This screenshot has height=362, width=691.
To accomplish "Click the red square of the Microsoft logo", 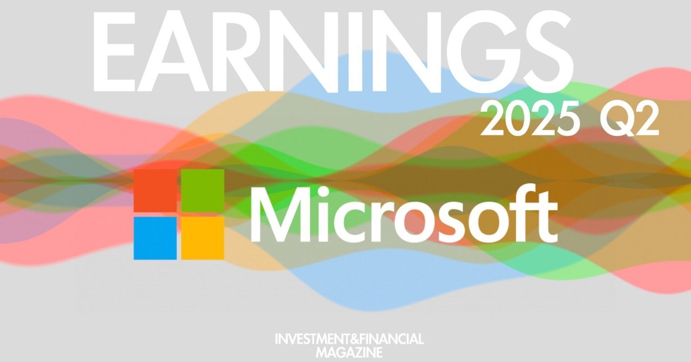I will point(155,190).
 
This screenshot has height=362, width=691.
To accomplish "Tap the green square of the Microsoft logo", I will point(202,190).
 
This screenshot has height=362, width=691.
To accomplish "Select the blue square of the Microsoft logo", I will point(155,238).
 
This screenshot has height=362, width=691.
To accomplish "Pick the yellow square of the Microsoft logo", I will point(202,238).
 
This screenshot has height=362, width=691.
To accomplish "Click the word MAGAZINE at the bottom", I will point(349,352).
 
